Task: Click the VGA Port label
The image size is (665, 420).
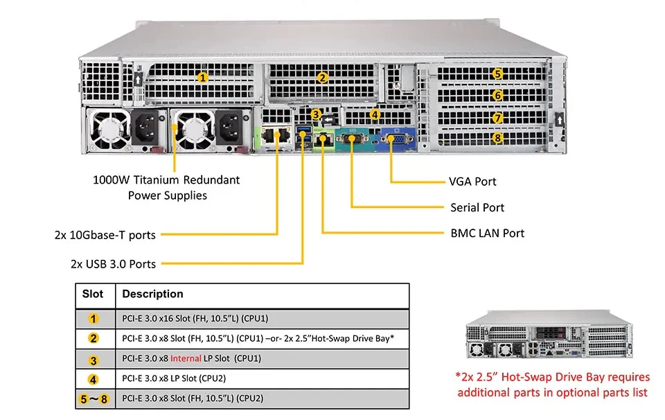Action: [x=472, y=182]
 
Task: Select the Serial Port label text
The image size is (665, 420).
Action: [x=477, y=207]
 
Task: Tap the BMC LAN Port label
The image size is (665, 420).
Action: [x=487, y=233]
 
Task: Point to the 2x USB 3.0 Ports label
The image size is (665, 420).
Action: [x=113, y=264]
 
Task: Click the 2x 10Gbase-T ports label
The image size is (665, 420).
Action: [x=105, y=235]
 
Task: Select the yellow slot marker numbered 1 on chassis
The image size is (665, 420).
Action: [x=203, y=78]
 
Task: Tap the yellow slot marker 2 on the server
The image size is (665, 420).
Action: [x=322, y=78]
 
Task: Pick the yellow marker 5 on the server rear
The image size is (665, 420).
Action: [x=497, y=74]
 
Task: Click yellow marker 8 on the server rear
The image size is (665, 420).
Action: [x=497, y=138]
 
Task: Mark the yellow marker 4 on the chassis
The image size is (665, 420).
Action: [x=375, y=114]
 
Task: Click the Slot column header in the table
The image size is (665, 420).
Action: [x=92, y=294]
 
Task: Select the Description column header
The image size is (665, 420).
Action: [x=152, y=294]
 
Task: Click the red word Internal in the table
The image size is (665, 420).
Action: [x=186, y=358]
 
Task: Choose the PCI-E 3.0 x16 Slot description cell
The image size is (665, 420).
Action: [x=263, y=319]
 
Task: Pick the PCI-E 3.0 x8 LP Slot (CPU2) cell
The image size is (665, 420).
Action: [x=263, y=378]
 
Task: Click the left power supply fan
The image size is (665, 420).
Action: [x=110, y=130]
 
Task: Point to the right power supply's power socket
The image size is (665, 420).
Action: [x=229, y=128]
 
